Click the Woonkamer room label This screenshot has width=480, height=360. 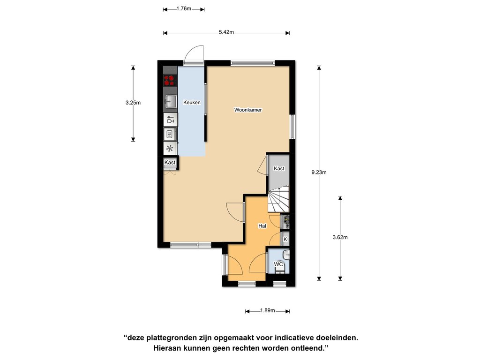click(248, 110)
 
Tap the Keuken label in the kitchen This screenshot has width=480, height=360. click(192, 102)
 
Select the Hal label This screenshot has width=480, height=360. click(262, 226)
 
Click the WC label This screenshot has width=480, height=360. click(278, 264)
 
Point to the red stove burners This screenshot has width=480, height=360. click(170, 80)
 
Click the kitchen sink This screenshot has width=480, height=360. click(171, 102)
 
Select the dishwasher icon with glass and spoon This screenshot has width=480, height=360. click(171, 120)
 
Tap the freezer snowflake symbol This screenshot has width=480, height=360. click(170, 149)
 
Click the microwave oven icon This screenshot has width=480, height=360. click(170, 134)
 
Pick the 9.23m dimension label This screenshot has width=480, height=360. click(319, 172)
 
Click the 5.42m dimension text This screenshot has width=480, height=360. click(226, 32)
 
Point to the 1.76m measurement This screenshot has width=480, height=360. click(184, 8)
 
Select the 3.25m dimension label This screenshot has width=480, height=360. click(133, 103)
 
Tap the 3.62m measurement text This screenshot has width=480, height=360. click(340, 237)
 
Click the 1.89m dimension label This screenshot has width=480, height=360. click(268, 310)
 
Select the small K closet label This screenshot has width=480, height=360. click(285, 239)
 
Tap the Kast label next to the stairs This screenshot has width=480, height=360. click(279, 168)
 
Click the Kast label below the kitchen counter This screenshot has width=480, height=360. click(170, 162)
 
